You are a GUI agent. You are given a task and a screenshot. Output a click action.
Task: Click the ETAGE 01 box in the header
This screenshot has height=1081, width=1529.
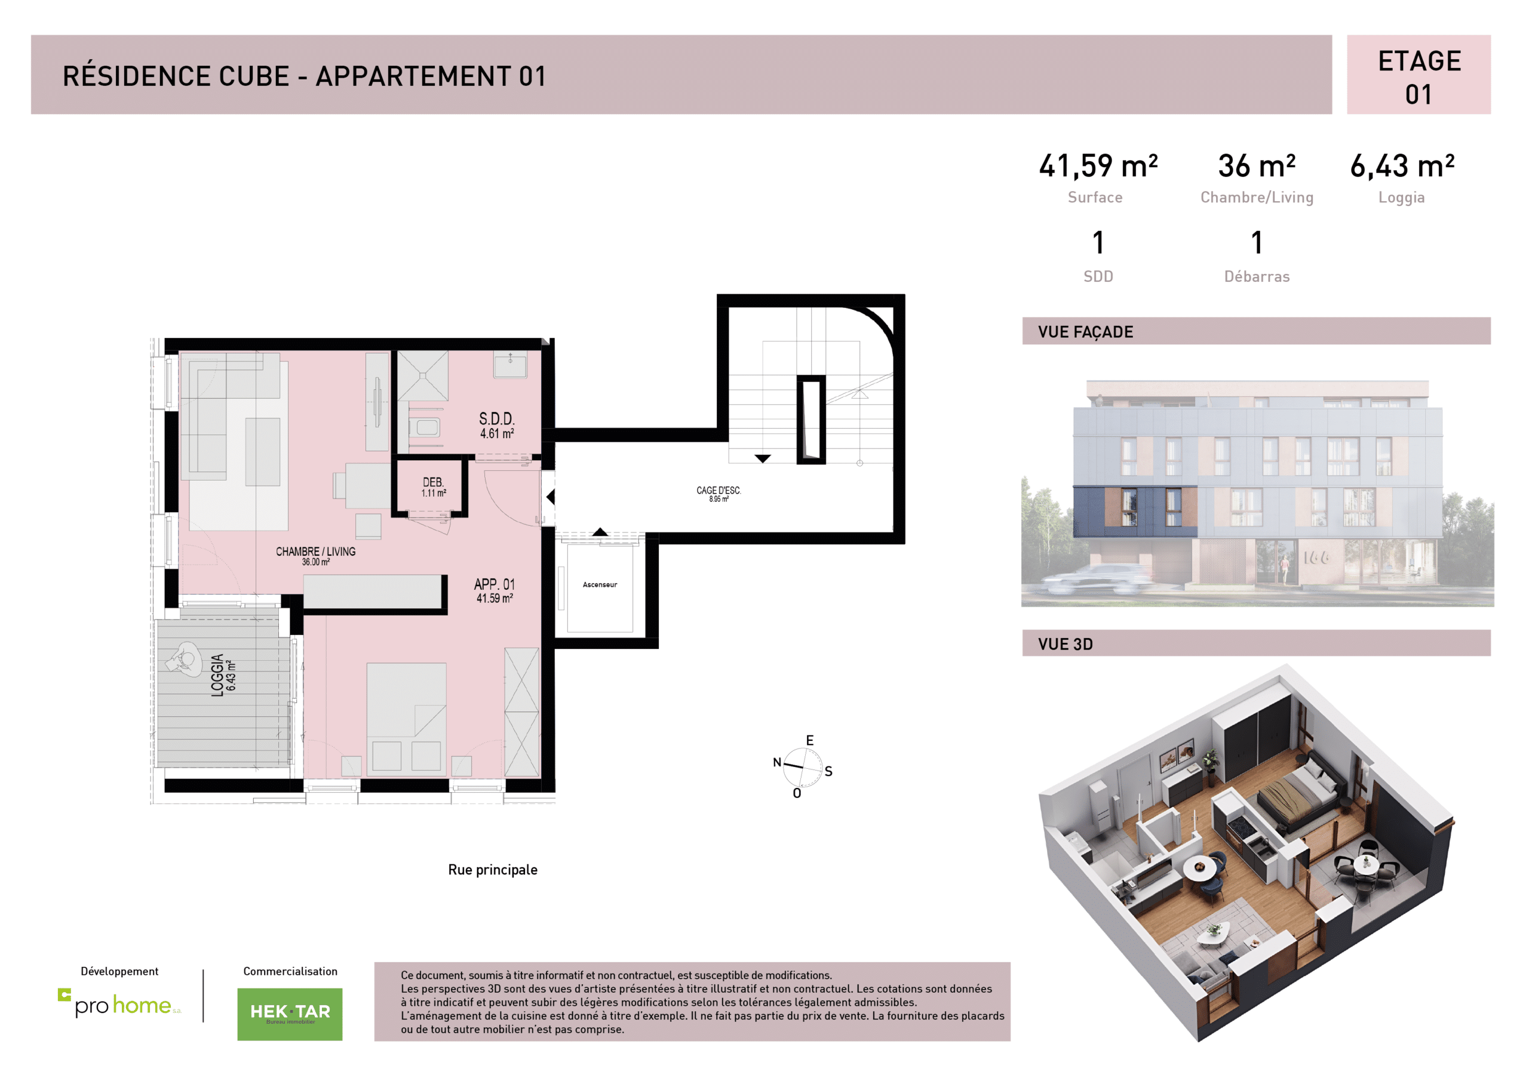pos(1418,75)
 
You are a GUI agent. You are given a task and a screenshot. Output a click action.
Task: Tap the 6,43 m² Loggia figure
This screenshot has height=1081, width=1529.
pos(1401,166)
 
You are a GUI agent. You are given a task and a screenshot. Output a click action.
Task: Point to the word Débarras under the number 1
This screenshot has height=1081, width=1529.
pos(1256,276)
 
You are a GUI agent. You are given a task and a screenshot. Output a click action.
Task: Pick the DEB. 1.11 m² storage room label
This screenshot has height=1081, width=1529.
pos(433,486)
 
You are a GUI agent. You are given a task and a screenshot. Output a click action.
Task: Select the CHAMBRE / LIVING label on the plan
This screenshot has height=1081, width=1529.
pos(316,555)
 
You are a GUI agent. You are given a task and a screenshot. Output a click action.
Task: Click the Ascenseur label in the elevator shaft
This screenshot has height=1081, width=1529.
pos(599,584)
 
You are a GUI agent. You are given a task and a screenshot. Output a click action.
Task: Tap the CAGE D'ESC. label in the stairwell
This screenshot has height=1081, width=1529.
pos(719,492)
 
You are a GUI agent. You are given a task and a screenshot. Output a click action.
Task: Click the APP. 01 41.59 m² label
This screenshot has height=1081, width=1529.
pos(494,590)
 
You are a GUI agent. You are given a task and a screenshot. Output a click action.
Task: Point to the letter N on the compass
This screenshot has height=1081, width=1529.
pos(776,762)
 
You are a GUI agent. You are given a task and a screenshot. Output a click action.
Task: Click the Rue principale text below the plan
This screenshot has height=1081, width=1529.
pos(492,869)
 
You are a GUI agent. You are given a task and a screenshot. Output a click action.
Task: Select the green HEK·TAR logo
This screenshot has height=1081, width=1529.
pos(290,1013)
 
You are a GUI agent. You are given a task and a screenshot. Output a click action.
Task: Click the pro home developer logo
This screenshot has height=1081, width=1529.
pos(120,1005)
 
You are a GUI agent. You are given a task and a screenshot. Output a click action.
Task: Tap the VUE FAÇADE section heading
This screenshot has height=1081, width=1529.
pos(1085,331)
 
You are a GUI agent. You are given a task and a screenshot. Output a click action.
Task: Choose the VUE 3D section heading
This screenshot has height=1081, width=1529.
pos(1065,643)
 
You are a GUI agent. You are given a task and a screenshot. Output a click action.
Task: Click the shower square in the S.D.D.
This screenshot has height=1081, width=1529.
pos(422,375)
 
